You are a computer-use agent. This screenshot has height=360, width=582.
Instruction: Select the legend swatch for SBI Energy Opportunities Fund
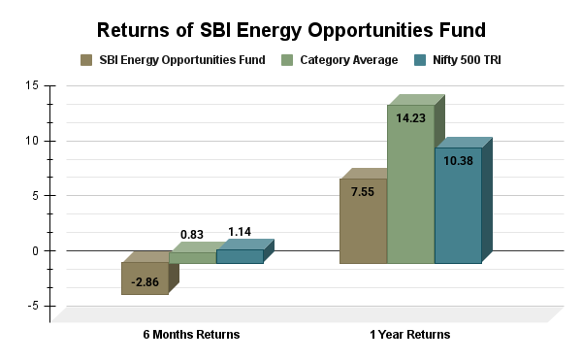click(87, 60)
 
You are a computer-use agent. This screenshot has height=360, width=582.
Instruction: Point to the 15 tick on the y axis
click(33, 85)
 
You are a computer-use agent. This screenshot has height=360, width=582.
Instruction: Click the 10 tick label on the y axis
click(33, 141)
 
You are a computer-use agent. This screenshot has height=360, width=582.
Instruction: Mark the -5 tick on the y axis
click(33, 306)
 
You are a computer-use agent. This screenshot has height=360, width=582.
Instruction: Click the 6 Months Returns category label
click(191, 335)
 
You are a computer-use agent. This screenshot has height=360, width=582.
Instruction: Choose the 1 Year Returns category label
click(409, 335)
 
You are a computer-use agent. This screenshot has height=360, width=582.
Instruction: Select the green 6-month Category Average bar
click(192, 257)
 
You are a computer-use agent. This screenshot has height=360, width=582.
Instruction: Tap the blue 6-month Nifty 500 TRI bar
click(240, 256)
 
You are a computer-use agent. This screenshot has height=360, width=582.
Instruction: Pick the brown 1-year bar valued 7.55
click(363, 221)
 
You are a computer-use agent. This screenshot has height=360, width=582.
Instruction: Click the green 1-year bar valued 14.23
click(410, 184)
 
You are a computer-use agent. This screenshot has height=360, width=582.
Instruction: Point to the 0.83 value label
click(192, 235)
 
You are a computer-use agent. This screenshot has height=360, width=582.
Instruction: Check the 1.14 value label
click(240, 231)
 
